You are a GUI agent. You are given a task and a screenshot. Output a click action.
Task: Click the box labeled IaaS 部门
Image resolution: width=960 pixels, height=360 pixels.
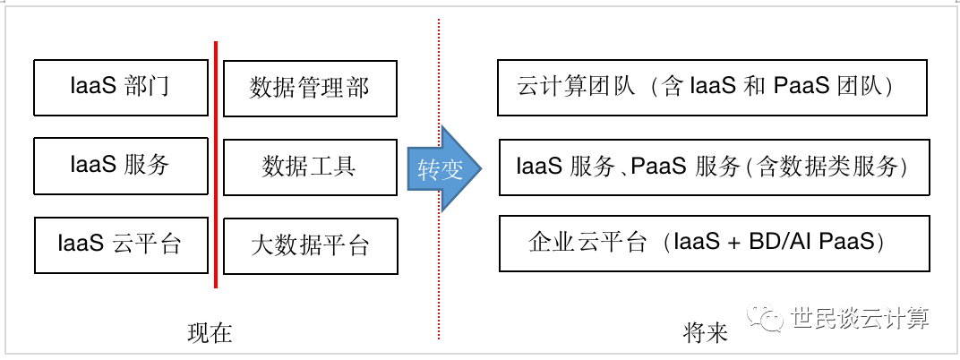[x=119, y=87]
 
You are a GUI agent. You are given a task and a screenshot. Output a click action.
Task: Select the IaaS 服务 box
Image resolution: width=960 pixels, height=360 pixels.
[x=119, y=166]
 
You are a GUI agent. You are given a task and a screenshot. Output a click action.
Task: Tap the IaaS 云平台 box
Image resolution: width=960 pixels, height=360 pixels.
[x=119, y=244]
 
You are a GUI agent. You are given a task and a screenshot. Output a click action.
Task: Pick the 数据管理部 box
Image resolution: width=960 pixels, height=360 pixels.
[x=310, y=88]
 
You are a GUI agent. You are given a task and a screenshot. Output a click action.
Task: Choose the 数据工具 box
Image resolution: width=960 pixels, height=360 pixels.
[x=310, y=167]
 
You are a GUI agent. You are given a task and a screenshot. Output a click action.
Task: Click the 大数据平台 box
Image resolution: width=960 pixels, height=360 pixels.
[x=310, y=245]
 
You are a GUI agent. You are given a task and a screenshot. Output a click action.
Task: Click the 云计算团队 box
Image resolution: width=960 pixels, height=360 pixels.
[x=712, y=88]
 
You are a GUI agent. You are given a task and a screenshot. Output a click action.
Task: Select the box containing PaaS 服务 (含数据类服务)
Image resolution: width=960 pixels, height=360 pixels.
[x=714, y=167]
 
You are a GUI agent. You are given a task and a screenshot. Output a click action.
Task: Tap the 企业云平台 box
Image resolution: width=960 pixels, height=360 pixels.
[x=714, y=244]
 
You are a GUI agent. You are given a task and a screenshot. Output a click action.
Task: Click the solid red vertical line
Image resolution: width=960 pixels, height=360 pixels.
[x=216, y=166]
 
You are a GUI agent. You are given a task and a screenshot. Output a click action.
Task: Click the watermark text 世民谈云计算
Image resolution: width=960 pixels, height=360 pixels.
[x=860, y=318]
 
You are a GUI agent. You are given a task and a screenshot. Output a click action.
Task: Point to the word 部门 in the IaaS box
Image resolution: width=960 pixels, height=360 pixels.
[x=149, y=87]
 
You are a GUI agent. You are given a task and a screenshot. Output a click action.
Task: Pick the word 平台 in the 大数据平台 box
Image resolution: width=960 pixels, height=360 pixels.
[x=350, y=245]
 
